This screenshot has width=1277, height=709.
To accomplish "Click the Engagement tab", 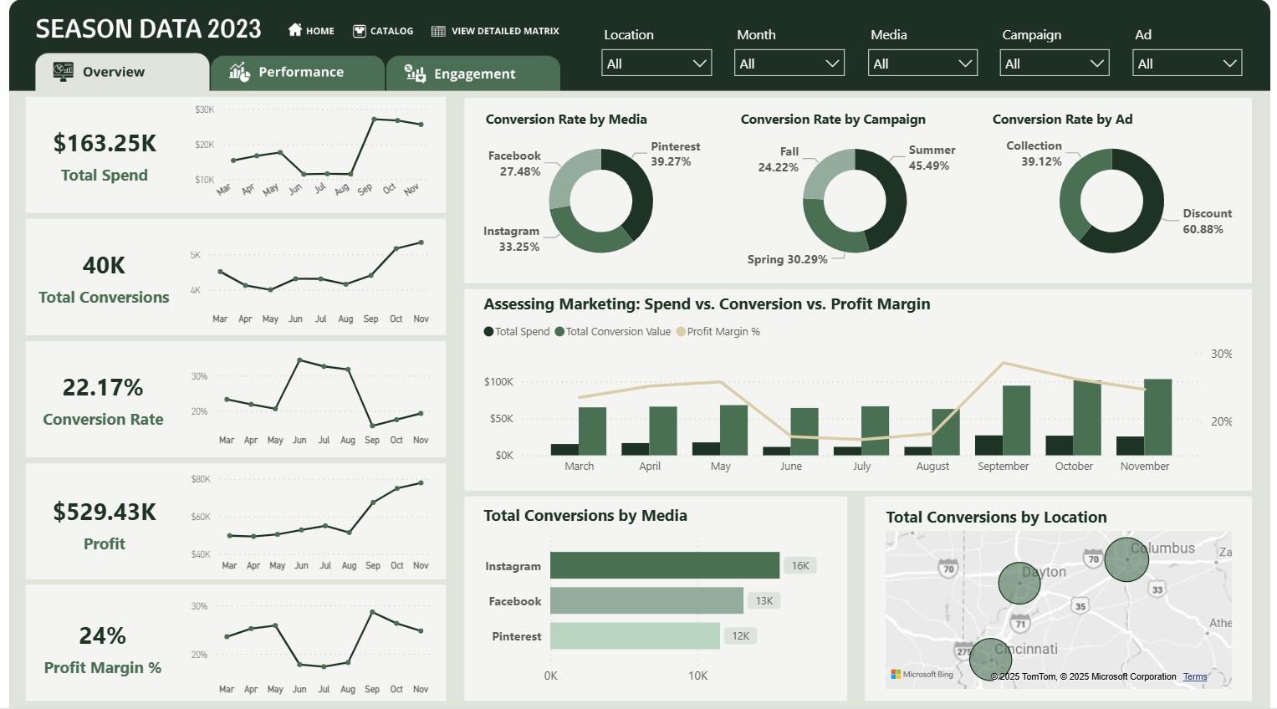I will tap(472, 74).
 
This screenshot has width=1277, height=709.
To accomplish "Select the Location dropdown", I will tap(656, 64).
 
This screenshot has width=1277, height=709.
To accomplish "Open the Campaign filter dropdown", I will tap(1054, 64).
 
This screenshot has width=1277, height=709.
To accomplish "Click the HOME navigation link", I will tap(311, 31).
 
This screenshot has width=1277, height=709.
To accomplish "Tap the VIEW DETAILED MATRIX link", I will tap(495, 31).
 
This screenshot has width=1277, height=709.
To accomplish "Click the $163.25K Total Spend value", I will tap(105, 144).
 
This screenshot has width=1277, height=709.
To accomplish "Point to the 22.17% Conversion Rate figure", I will tap(103, 388).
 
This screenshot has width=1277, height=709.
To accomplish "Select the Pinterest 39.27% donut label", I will tap(675, 154).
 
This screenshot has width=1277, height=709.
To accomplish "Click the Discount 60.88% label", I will tap(1206, 222).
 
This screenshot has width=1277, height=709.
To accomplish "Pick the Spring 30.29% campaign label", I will tap(787, 259).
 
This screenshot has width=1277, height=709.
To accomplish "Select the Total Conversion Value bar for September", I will tap(1016, 420).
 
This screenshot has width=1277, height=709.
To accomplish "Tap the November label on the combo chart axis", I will tap(1144, 467).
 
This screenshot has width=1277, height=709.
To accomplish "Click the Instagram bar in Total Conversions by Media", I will tap(664, 566).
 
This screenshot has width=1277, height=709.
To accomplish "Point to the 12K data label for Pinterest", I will tap(740, 636).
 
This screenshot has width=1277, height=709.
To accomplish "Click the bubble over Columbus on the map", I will tap(1126, 559).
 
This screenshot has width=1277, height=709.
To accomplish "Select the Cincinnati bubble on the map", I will tap(990, 660).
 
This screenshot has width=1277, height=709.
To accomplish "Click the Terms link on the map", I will tap(1194, 676).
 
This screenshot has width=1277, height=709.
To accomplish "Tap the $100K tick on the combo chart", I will tap(498, 382).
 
